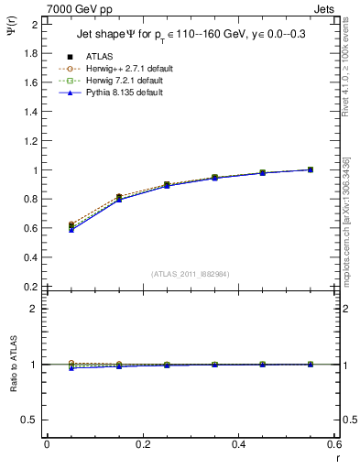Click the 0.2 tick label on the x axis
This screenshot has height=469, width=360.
[x=142, y=443]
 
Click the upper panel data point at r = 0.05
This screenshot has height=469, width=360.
[x=71, y=226]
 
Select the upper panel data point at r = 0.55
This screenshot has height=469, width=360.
[x=311, y=169]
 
